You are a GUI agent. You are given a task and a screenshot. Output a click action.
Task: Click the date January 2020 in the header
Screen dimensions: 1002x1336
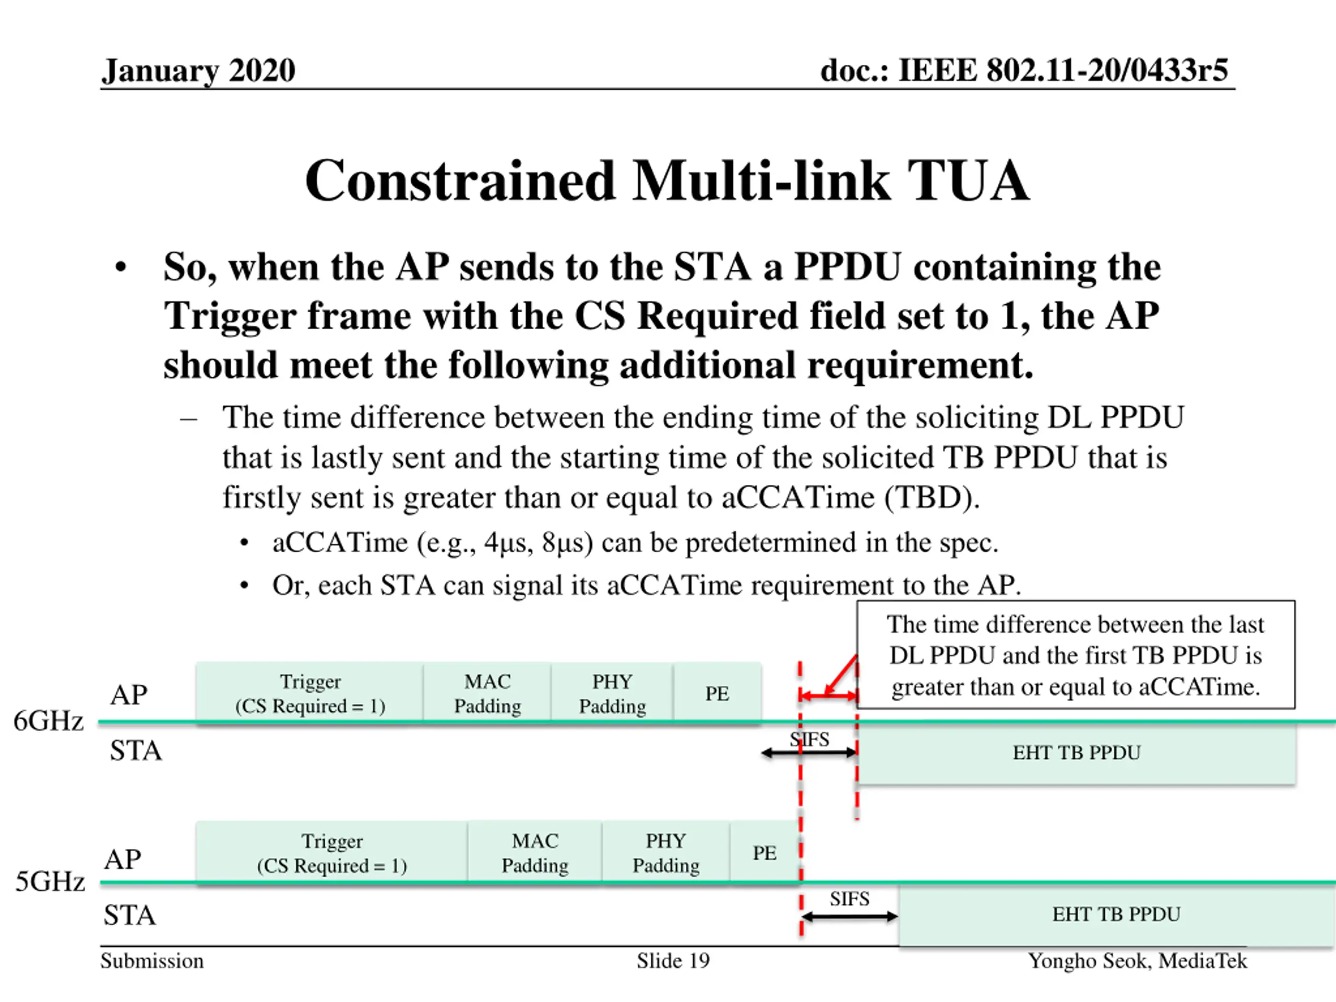click(198, 70)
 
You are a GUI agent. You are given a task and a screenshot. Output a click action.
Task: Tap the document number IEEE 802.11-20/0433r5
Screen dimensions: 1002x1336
click(1024, 70)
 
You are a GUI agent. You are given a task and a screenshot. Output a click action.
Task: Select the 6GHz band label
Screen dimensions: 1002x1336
click(49, 721)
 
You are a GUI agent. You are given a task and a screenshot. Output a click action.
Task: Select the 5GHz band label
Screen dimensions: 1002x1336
click(50, 882)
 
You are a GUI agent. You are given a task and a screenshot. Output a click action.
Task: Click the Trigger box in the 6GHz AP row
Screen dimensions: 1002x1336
click(310, 694)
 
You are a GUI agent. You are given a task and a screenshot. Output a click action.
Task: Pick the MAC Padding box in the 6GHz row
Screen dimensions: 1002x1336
click(487, 694)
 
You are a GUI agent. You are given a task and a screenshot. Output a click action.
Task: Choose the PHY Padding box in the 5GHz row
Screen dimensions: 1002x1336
click(665, 853)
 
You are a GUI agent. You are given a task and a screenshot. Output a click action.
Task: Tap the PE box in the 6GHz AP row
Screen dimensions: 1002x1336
click(717, 694)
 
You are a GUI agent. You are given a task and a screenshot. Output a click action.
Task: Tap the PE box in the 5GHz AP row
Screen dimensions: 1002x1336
click(765, 853)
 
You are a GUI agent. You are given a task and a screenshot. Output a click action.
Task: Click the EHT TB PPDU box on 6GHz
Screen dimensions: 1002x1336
click(1076, 753)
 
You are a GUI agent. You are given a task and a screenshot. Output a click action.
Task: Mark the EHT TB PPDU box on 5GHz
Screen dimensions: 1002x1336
click(1116, 914)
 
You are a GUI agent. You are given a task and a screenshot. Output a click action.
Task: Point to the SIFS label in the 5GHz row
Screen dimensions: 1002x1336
click(849, 899)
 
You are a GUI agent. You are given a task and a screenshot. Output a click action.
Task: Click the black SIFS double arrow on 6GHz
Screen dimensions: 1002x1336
click(809, 753)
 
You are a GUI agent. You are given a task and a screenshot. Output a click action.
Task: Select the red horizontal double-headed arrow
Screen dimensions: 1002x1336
click(828, 696)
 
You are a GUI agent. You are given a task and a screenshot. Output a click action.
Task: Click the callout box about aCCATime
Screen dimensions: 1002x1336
click(1075, 655)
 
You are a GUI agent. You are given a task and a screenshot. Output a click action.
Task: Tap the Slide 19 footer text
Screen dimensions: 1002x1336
click(673, 961)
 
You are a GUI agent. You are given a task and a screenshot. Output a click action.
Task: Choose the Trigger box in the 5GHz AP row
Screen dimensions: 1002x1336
click(331, 853)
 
